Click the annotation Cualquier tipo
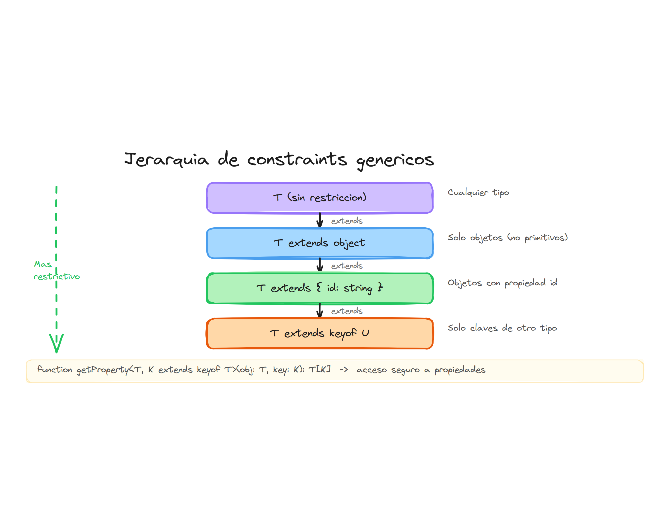tap(478, 193)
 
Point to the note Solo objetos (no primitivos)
tap(507, 238)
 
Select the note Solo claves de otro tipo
tap(502, 328)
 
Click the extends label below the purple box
tap(346, 221)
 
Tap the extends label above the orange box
tap(346, 311)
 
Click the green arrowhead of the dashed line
tap(56, 343)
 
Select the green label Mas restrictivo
tap(56, 270)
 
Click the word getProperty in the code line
tap(103, 370)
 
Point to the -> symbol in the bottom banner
tap(343, 370)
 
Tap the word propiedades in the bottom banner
tap(460, 370)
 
